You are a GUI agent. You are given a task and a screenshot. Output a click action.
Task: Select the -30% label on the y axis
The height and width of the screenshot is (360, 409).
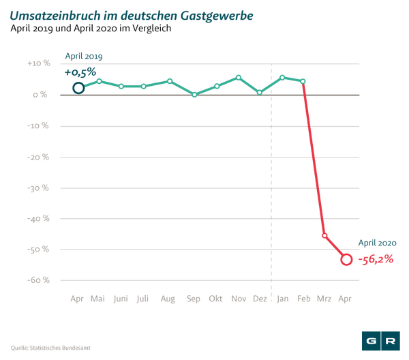point(38,187)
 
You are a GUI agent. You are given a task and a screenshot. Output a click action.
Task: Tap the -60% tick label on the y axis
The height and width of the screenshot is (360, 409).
point(38,280)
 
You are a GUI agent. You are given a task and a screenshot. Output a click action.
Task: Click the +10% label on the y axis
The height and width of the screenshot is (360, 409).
point(38,63)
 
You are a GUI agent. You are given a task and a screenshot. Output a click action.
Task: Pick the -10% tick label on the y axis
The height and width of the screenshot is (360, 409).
point(38,125)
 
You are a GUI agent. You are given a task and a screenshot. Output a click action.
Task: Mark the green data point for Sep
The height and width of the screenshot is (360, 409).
point(194,95)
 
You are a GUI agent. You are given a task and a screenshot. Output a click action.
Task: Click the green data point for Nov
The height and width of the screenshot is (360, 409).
point(239,77)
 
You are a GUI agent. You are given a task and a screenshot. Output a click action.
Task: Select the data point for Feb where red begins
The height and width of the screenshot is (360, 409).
point(303,80)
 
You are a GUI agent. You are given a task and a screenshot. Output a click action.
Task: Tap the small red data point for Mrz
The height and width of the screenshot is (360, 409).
point(324,235)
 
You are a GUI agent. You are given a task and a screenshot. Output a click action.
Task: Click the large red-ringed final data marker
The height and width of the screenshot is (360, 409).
point(346,259)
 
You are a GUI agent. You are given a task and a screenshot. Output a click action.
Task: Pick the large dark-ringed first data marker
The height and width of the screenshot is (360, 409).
point(78,87)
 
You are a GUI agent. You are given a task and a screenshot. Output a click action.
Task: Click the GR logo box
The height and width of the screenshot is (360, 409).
point(380,340)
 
